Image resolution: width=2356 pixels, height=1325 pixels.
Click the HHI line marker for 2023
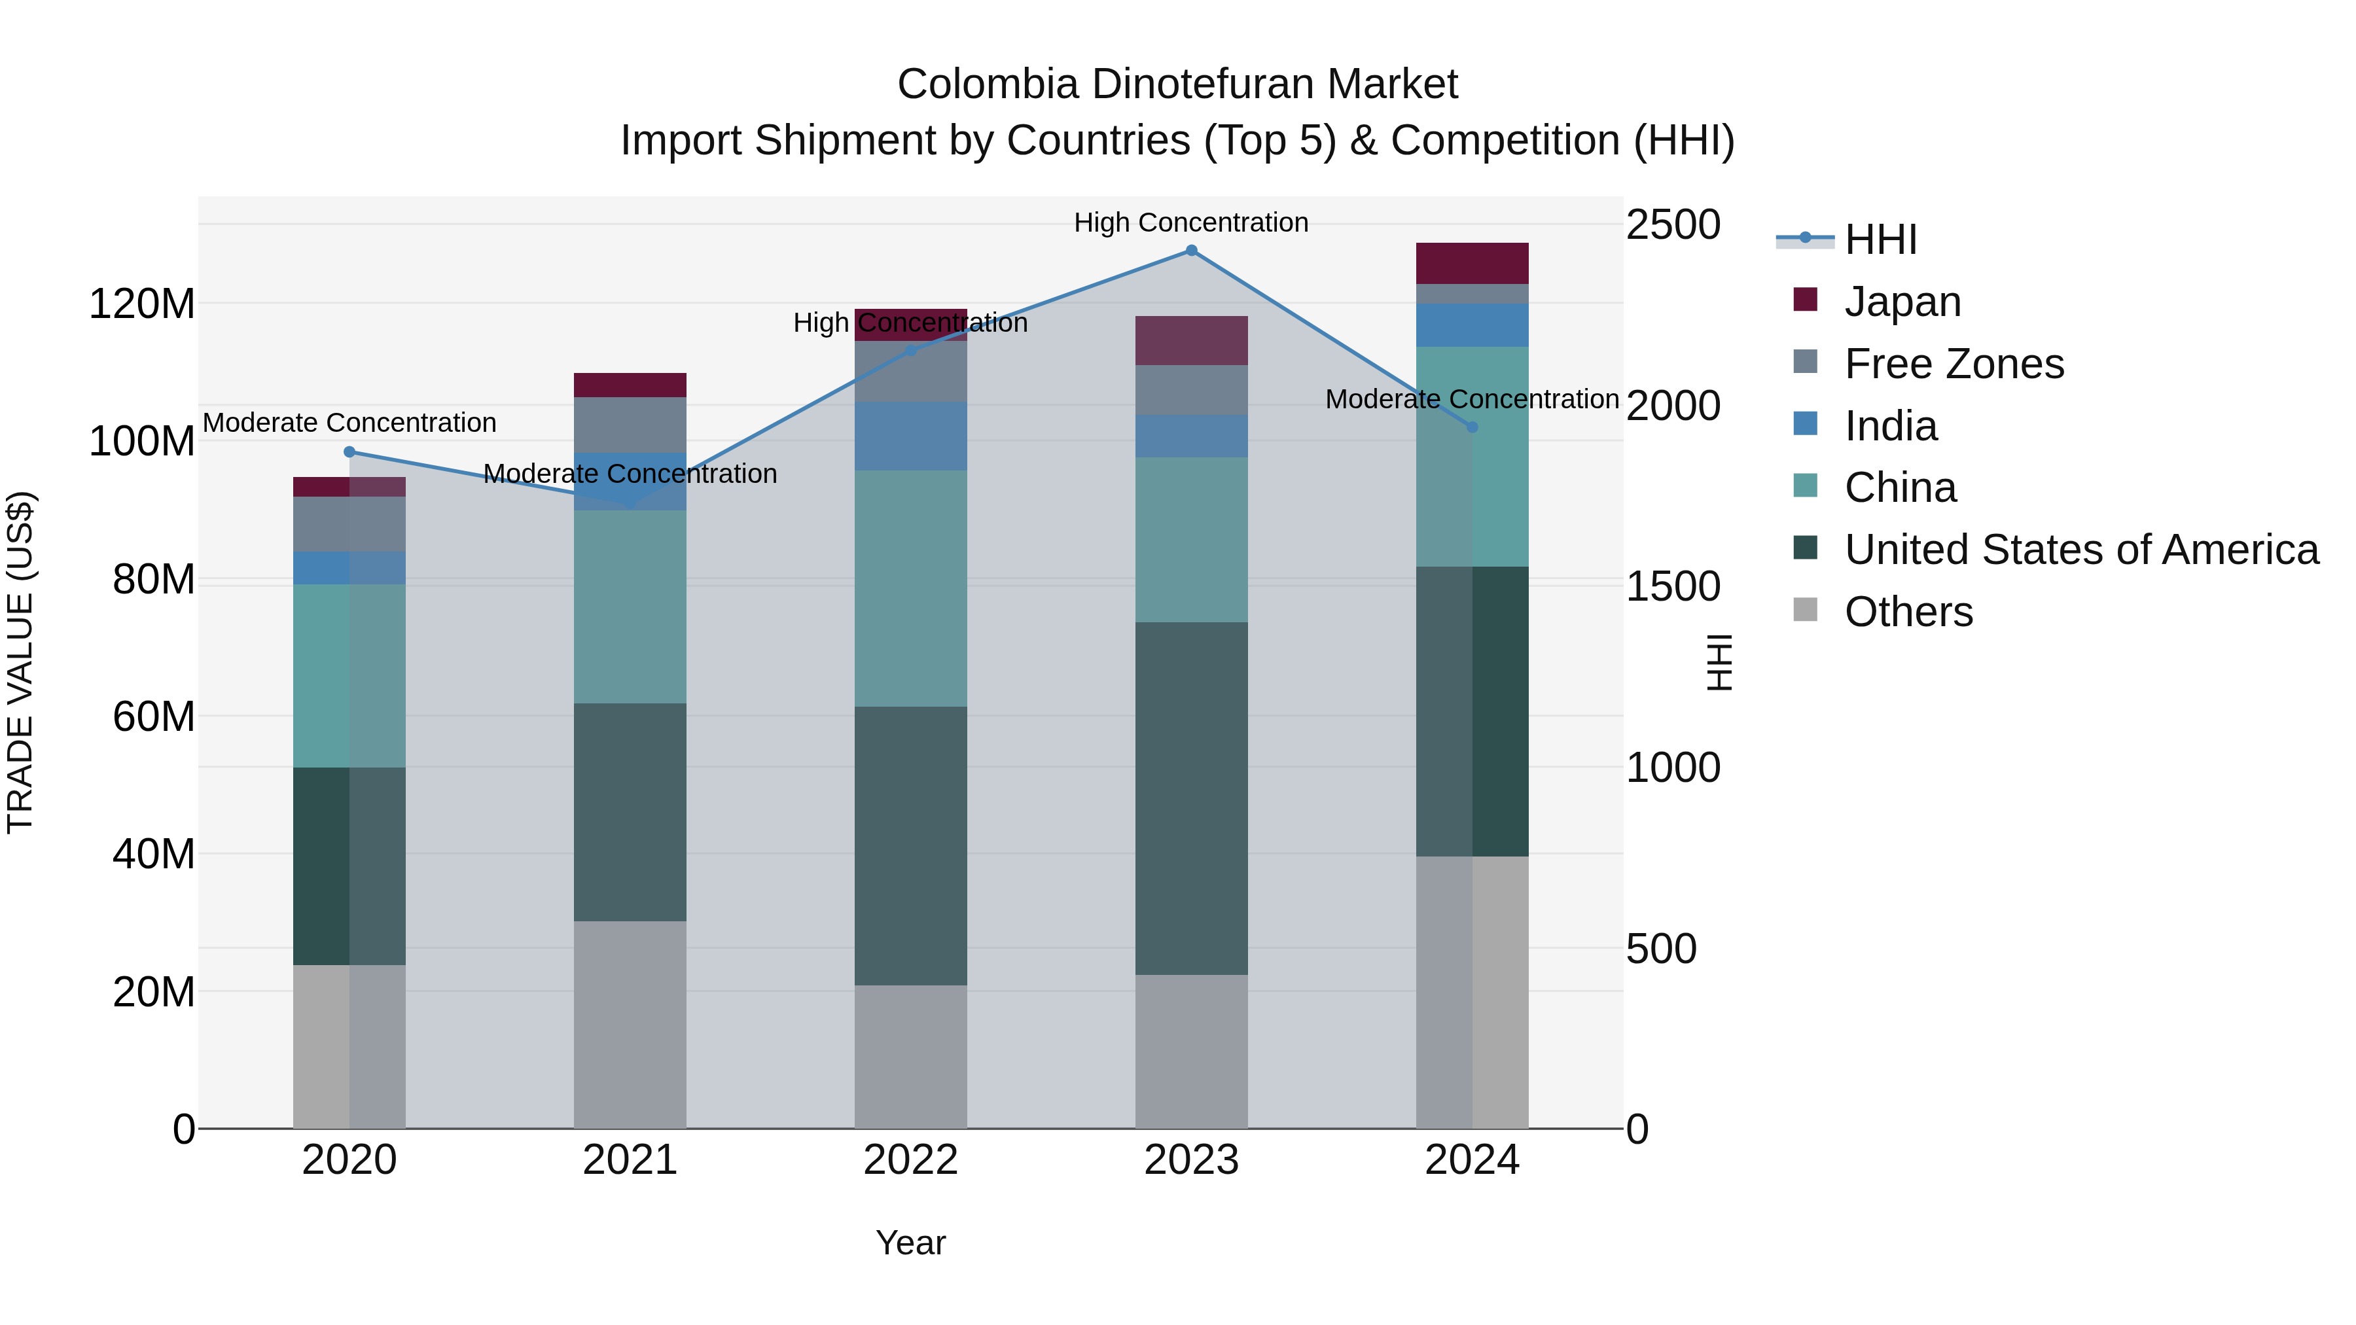coord(1191,250)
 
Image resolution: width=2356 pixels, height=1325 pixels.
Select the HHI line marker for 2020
coord(349,451)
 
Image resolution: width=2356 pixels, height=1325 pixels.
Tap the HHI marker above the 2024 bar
coord(1472,427)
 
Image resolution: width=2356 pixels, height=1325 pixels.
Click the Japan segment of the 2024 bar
coord(1472,263)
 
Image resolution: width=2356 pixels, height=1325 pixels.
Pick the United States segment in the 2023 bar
coord(1191,798)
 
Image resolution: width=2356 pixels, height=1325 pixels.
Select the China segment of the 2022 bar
coord(910,588)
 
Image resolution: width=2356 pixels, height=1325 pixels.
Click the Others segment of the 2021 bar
coord(629,1024)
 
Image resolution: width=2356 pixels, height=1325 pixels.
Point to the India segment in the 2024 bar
coord(1472,325)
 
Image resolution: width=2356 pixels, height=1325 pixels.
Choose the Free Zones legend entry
coord(1954,364)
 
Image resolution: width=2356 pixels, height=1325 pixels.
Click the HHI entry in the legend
coord(1880,239)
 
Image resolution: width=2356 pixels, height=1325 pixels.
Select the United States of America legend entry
coord(2080,550)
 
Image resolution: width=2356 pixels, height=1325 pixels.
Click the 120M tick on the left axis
coord(142,304)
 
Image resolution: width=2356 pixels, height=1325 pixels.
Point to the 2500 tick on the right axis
coord(1673,225)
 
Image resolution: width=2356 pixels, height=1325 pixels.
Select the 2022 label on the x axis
coord(910,1160)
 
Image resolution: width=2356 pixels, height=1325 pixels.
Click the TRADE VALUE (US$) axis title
coord(20,662)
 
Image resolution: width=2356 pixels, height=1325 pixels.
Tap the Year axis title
coord(910,1243)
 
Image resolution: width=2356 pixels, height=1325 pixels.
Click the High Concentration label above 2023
coord(1191,222)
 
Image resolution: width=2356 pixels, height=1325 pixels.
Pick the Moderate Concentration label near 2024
coord(1472,400)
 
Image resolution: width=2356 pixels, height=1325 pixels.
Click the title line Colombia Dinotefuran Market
coord(1177,84)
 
